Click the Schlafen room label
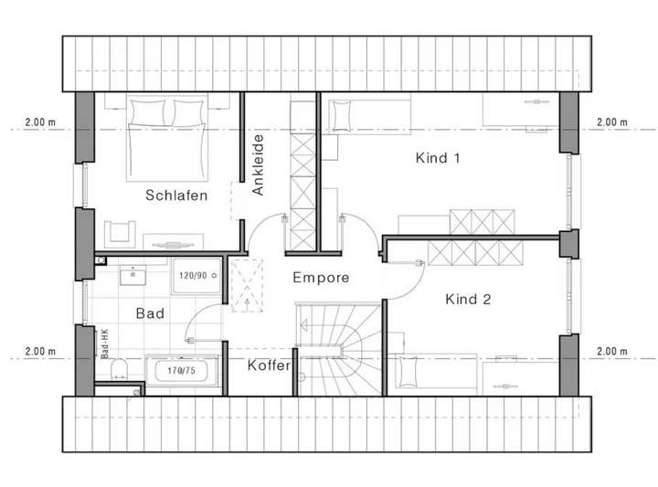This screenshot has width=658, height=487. click(176, 195)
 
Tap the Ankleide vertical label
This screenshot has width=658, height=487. click(259, 165)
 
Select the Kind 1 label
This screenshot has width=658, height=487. click(438, 158)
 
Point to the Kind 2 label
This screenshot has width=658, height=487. click(469, 299)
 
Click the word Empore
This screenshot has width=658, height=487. click(320, 278)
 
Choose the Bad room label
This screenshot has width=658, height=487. click(150, 313)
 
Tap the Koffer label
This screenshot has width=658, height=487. click(269, 365)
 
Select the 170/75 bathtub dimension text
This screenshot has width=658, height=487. click(183, 371)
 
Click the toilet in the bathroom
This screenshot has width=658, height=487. click(118, 370)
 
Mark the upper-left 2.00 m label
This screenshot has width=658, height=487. click(39, 122)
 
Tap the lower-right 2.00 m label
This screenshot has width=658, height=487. click(611, 351)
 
